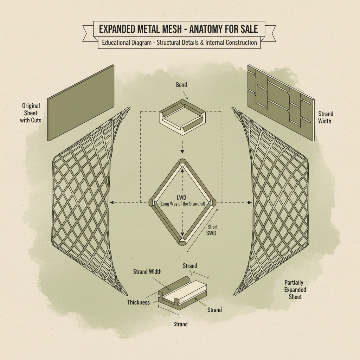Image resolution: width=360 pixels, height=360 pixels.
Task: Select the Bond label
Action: click(x=181, y=85)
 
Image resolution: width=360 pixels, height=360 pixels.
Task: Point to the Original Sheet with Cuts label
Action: click(x=31, y=113)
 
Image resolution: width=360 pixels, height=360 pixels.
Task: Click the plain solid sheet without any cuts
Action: click(x=81, y=102)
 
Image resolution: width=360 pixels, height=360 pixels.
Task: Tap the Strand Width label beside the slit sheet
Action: click(x=326, y=117)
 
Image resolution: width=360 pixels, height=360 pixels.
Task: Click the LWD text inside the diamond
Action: click(x=182, y=197)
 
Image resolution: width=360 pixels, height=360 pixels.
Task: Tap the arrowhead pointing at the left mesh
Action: click(x=112, y=202)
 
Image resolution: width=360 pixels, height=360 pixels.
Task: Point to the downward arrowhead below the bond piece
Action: click(x=182, y=152)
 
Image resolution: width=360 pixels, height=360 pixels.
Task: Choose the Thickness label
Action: click(x=139, y=302)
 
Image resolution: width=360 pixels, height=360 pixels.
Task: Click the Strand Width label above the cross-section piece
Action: click(x=147, y=271)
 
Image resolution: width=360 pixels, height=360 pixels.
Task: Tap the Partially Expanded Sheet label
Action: click(x=295, y=290)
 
